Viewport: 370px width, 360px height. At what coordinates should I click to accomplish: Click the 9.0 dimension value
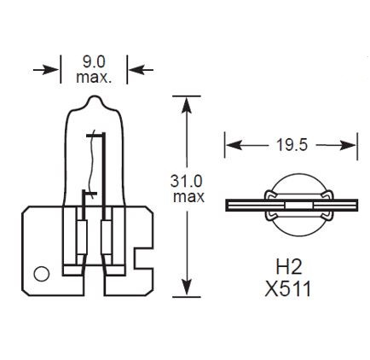click(x=94, y=61)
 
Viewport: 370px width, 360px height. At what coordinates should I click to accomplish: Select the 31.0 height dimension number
click(x=188, y=181)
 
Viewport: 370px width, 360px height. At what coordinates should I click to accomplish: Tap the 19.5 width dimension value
click(x=291, y=145)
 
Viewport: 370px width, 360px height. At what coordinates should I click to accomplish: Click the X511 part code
click(x=289, y=288)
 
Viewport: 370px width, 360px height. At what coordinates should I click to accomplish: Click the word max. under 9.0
click(x=94, y=78)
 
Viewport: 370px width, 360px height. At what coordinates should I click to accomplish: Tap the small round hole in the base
click(x=38, y=275)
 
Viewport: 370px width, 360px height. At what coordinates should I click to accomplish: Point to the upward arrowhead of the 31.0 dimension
click(x=186, y=102)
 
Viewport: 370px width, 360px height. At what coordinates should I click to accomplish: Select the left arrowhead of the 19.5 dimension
click(x=230, y=145)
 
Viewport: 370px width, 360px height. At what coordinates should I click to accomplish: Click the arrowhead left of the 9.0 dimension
click(x=52, y=69)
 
